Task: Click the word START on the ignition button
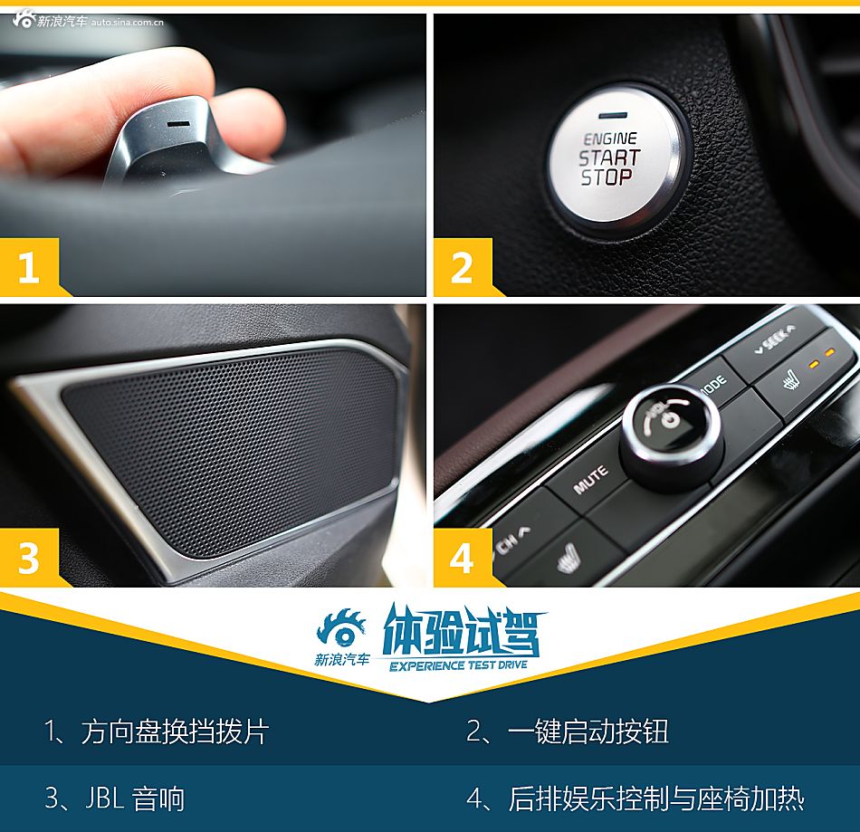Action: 609,158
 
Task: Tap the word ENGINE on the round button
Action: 610,139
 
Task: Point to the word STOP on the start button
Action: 606,177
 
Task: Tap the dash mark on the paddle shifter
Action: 179,123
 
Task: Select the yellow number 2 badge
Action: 463,268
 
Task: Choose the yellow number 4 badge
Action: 463,559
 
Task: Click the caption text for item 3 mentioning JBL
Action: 114,799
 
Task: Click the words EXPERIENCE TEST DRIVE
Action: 459,665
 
